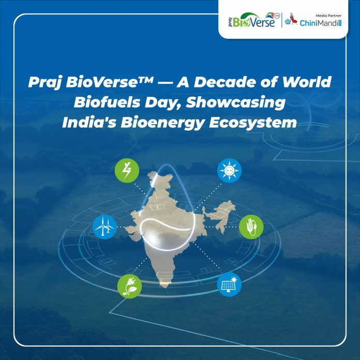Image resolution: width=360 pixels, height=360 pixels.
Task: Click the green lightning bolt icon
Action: click(127, 171)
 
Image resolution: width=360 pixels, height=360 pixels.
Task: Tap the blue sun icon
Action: click(229, 171)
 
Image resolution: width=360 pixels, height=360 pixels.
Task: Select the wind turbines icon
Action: click(104, 227)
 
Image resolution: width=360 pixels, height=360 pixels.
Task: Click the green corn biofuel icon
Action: click(251, 227)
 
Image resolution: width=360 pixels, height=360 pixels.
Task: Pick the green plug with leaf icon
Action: click(129, 287)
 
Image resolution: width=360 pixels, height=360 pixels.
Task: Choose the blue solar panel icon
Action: click(229, 284)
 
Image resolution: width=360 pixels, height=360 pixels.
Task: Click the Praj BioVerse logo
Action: click(254, 20)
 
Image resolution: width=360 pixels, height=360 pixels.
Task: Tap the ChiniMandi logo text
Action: click(321, 23)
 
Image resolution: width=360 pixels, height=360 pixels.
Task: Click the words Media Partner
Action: click(328, 16)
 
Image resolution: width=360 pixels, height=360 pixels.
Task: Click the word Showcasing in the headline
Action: click(235, 102)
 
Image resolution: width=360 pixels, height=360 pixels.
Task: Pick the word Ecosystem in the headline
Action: click(253, 123)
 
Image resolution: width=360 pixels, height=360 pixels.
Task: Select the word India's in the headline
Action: click(89, 123)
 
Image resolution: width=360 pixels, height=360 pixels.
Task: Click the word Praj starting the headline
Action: click(45, 82)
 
